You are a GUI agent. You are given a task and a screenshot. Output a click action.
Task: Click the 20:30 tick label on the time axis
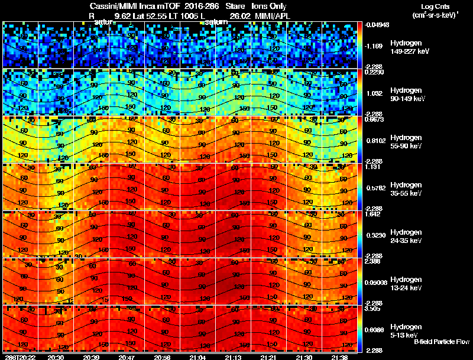pos(56,357)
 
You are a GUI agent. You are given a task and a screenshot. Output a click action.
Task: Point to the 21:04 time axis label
pos(199,357)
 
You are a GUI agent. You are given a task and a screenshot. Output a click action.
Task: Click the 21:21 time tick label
pos(269,357)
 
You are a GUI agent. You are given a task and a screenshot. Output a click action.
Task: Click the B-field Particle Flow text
pos(442,342)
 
